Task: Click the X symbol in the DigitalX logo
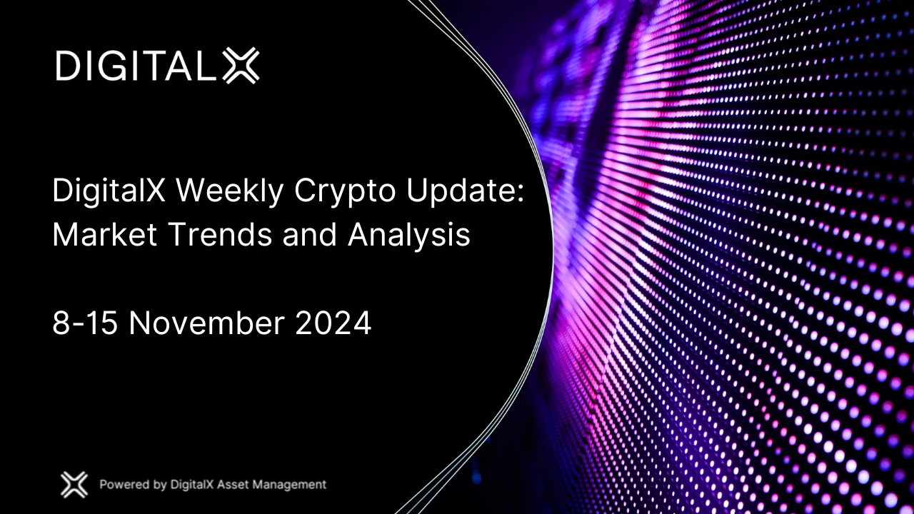241,66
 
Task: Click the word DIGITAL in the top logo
136,66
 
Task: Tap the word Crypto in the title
336,193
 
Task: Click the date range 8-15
86,323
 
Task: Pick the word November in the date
207,323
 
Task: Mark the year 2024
333,323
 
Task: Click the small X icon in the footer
74,485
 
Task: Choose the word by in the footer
161,485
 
